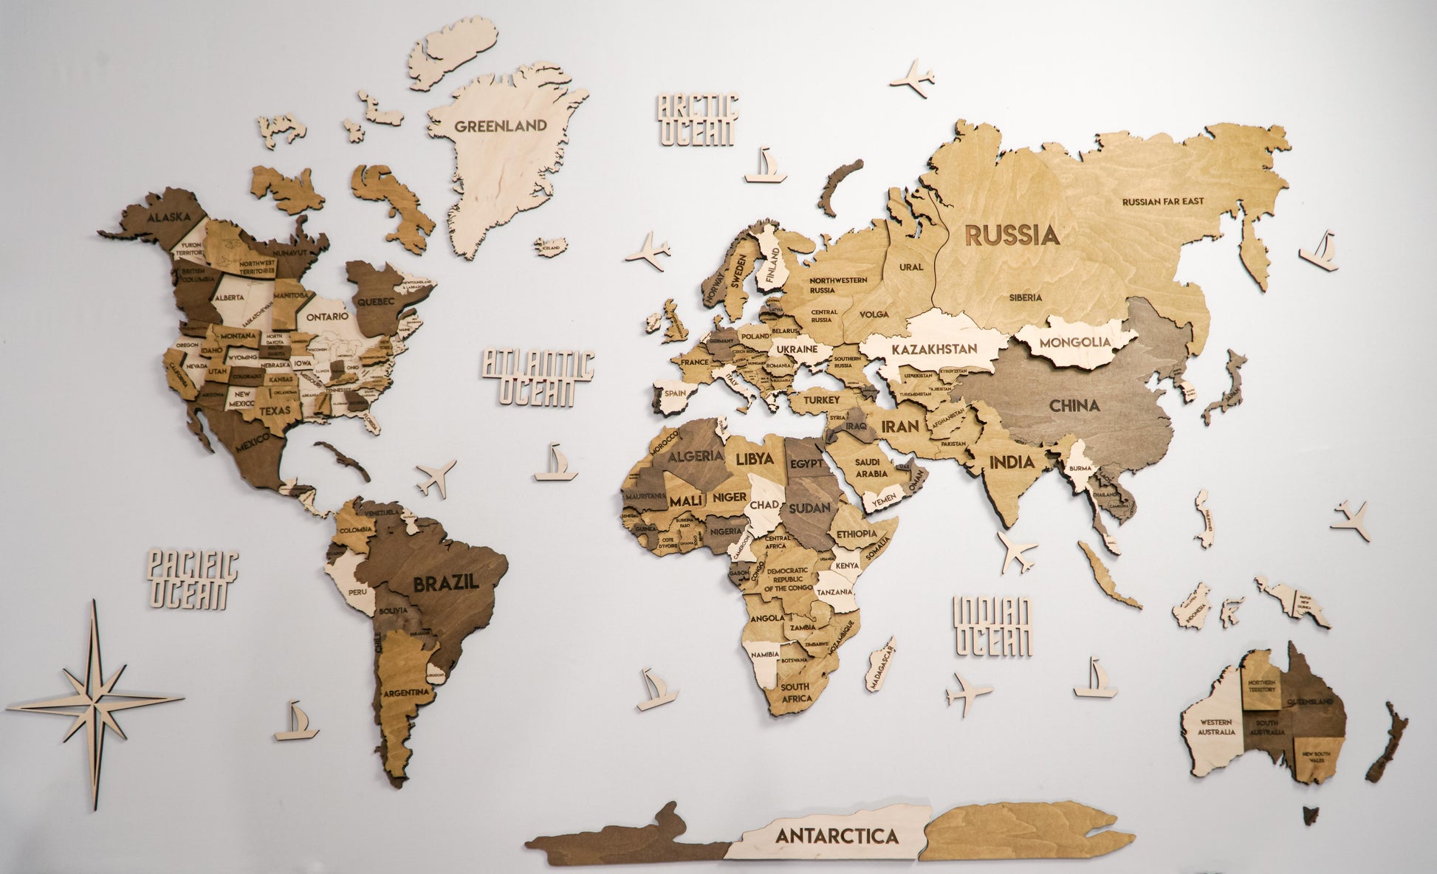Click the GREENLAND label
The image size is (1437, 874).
(500, 125)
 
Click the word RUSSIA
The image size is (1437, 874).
(1012, 235)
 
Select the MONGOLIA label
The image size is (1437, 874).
(1074, 343)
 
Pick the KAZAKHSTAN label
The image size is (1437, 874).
(934, 348)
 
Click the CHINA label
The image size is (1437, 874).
(1074, 405)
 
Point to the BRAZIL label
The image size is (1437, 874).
(445, 582)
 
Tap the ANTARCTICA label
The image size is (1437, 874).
(836, 836)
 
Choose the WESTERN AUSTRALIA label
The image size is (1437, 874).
(1217, 727)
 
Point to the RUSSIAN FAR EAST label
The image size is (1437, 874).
(1162, 202)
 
